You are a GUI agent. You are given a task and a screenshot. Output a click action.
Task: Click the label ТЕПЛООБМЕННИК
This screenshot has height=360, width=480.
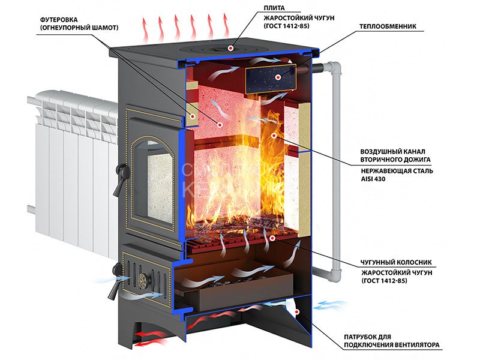click(x=388, y=26)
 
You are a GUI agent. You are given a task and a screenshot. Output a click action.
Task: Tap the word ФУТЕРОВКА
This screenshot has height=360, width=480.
click(x=59, y=20)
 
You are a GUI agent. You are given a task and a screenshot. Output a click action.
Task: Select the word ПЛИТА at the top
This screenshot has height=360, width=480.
click(x=274, y=8)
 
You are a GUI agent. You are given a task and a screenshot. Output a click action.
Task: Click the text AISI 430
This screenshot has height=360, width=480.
click(x=373, y=179)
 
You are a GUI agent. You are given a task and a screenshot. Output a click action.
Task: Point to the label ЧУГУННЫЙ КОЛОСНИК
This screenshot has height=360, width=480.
click(x=396, y=262)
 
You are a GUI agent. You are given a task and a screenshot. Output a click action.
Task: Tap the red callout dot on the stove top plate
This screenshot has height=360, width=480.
click(x=230, y=48)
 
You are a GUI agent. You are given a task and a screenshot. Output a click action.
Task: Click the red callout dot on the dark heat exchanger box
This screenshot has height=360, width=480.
click(x=278, y=77)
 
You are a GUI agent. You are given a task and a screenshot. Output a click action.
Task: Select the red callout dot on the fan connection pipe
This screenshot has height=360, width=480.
click(x=296, y=312)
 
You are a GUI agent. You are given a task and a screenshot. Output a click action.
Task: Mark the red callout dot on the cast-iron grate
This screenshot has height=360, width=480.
click(x=272, y=238)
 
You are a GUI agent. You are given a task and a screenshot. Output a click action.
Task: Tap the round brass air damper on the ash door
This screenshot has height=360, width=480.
click(x=142, y=280)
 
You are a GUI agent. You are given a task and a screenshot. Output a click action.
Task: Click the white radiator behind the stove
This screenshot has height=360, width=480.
click(x=73, y=172)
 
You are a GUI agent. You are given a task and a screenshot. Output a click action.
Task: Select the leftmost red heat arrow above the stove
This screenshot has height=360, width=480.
click(x=145, y=29)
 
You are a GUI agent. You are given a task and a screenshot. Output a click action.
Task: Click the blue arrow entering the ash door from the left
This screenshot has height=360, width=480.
click(x=113, y=279)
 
